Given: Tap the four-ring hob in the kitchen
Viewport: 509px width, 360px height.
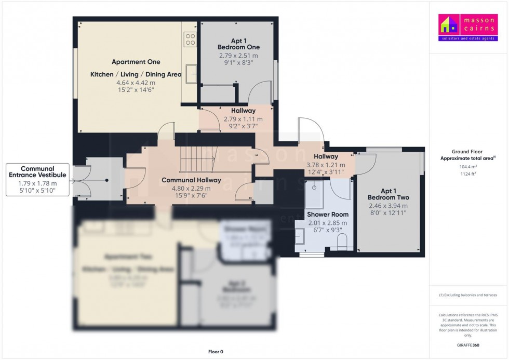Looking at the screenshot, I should click(x=190, y=39).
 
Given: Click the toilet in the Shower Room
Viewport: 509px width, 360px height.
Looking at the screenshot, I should click(x=342, y=242).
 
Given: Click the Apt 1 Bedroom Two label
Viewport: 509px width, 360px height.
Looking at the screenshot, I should click(x=388, y=194).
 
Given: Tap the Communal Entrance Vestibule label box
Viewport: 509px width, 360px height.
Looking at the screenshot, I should click(x=37, y=180).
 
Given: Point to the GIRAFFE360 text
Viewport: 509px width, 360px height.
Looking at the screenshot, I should click(x=468, y=344).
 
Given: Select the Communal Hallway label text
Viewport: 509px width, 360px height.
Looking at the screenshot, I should click(x=191, y=180).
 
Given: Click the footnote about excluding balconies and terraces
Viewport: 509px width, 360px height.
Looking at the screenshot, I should click(x=468, y=295).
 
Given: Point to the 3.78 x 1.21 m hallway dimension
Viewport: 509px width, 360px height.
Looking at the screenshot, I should click(x=326, y=165).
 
